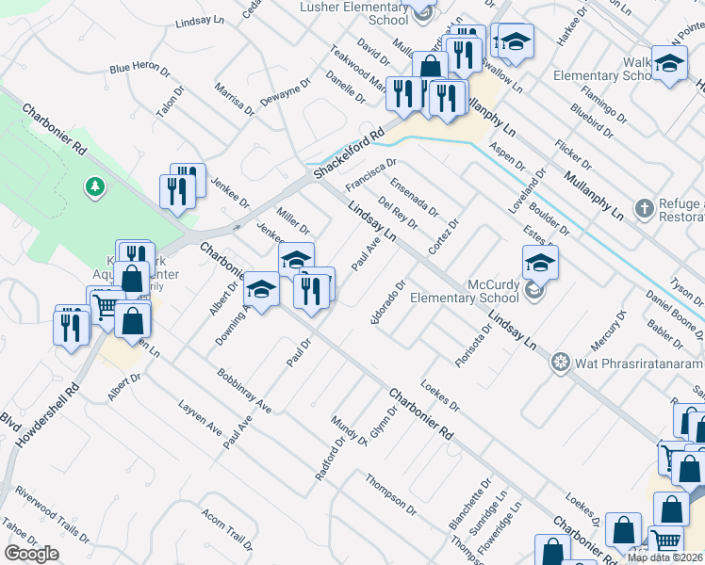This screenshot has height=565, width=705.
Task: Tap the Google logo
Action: pyautogui.click(x=32, y=554)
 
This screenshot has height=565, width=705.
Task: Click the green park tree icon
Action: pyautogui.click(x=94, y=187)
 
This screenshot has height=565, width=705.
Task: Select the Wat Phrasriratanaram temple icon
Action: pyautogui.click(x=561, y=363)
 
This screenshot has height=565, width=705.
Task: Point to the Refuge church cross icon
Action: pyautogui.click(x=644, y=208)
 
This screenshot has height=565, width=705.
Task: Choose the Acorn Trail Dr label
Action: pyautogui.click(x=227, y=532)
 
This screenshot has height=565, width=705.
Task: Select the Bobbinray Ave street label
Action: pyautogui.click(x=243, y=391)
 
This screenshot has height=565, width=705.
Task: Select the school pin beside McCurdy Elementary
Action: pyautogui.click(x=540, y=264)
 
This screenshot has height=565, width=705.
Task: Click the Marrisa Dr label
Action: pyautogui.click(x=235, y=97)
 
